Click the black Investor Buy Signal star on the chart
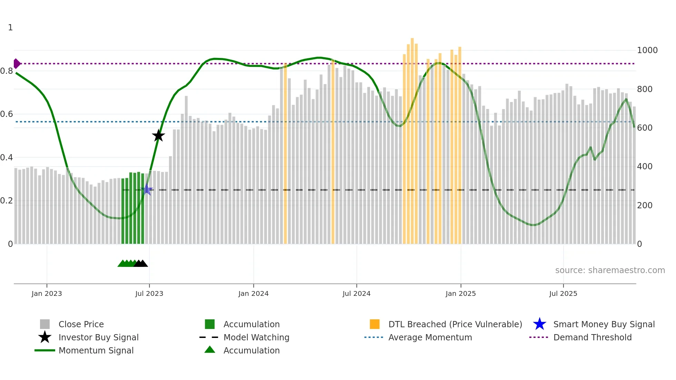pos(158,136)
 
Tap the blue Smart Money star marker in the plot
pos(147,190)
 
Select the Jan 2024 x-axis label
pos(253,293)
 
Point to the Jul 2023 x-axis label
pos(149,293)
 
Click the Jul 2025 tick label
pos(563,293)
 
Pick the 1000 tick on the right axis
pos(647,50)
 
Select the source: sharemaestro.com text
pos(610,270)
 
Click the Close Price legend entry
pos(81,324)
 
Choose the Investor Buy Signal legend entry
pos(98,337)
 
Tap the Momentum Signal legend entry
pos(96,350)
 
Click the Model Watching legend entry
pos(256,337)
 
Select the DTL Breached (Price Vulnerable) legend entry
pos(455,324)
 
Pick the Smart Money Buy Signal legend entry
pos(604,324)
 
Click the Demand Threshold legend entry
pos(592,337)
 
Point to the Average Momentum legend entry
pos(430,337)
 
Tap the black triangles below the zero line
pos(141,263)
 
